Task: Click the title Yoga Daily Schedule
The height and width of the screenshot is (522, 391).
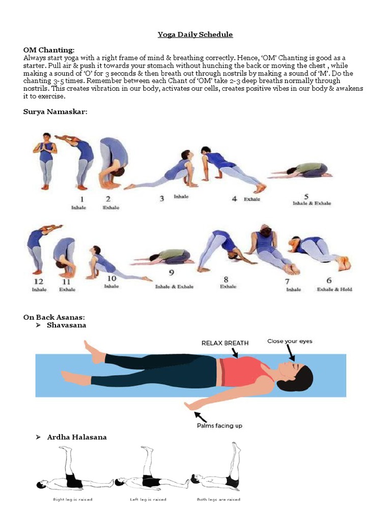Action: [195, 35]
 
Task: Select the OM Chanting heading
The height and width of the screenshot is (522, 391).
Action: [49, 50]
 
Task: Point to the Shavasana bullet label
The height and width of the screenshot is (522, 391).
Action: [66, 325]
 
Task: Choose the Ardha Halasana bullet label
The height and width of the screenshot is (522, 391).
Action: [77, 437]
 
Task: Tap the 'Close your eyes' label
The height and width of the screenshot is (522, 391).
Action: [290, 341]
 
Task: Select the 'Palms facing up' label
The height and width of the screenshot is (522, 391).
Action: [219, 426]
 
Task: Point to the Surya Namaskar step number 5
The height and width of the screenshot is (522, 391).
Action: [306, 196]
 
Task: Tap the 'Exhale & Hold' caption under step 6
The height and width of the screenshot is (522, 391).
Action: [334, 290]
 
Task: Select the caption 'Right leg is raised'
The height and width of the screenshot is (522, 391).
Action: [72, 499]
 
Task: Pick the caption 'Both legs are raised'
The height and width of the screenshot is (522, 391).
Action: [218, 499]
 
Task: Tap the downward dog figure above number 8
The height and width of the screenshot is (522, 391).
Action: [221, 250]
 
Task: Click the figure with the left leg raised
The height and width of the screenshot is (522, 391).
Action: [145, 472]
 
